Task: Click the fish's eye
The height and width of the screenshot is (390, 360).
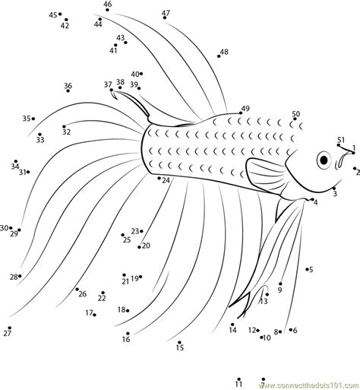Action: click(324, 160)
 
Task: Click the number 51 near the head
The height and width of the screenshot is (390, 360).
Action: click(342, 139)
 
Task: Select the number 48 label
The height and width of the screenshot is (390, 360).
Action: click(224, 52)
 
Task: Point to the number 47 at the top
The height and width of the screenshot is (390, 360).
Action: click(166, 13)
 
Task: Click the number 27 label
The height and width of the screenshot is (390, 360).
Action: click(8, 333)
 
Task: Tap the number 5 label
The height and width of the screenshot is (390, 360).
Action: click(311, 270)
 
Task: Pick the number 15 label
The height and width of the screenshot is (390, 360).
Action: click(180, 348)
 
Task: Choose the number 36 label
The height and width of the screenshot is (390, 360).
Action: click(68, 86)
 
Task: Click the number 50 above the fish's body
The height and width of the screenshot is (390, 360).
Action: click(295, 114)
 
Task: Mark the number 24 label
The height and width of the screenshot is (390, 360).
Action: click(166, 180)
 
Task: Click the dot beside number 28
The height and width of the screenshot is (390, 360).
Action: click(21, 277)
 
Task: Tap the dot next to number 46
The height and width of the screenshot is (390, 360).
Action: click(103, 14)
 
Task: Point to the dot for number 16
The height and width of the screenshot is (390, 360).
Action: click(128, 334)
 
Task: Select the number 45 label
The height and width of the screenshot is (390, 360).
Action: click(52, 14)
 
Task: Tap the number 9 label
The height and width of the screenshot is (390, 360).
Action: click(279, 290)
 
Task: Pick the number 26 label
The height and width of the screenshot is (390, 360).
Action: click(82, 294)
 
